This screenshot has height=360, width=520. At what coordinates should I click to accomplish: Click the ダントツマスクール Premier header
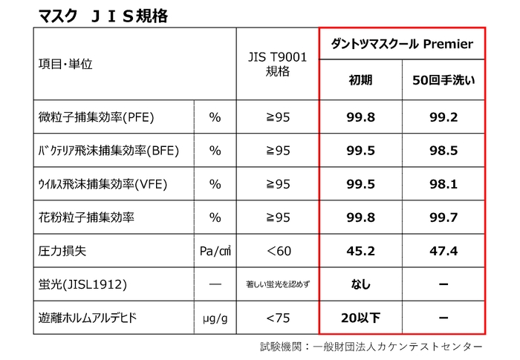click(x=402, y=45)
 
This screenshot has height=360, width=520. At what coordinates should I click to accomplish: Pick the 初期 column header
click(x=360, y=81)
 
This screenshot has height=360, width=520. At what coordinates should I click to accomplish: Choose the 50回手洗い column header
click(x=443, y=81)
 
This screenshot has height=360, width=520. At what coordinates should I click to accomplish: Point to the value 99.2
click(x=443, y=117)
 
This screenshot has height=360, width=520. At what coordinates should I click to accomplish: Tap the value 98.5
click(x=443, y=151)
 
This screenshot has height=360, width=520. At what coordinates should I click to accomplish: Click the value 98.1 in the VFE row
click(x=443, y=184)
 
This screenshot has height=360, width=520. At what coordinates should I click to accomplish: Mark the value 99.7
click(x=443, y=217)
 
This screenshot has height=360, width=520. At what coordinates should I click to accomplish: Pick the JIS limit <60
click(x=277, y=251)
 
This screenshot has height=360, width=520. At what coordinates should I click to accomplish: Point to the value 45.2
click(x=360, y=251)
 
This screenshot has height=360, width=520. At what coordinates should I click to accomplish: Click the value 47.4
click(x=443, y=251)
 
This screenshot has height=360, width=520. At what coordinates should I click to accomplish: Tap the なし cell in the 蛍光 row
click(x=360, y=284)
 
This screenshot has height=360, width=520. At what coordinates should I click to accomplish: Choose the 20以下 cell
click(x=360, y=318)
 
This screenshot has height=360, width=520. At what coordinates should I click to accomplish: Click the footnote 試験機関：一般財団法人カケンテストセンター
click(x=371, y=347)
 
